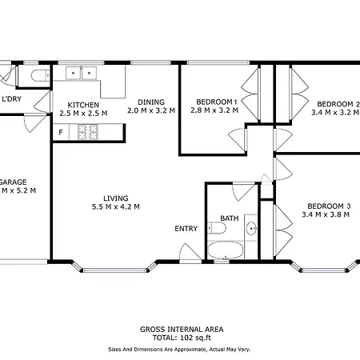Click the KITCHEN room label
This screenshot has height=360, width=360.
[83, 105]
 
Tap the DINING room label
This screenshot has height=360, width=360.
[151, 102]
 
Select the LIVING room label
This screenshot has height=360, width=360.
[116, 198]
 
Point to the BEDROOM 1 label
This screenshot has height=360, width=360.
[217, 102]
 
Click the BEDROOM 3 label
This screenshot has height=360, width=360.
[329, 206]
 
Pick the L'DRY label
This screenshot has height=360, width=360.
[12, 99]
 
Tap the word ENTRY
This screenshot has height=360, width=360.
[186, 229]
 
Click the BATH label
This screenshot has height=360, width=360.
[230, 218]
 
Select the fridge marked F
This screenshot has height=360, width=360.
[61, 132]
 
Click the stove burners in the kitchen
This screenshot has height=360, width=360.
[88, 132]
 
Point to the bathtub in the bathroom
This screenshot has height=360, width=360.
[226, 250]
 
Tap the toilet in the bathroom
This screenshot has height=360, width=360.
[217, 228]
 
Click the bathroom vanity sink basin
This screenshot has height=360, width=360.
[251, 228]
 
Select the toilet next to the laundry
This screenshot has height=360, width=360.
[40, 75]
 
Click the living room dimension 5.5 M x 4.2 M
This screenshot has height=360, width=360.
[116, 206]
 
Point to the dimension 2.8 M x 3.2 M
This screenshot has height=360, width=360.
[214, 110]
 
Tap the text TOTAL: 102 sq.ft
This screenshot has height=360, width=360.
[182, 338]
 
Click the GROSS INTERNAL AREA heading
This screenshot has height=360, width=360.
[182, 330]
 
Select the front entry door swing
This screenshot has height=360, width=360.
[190, 252]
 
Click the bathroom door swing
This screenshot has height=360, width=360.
[243, 191]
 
